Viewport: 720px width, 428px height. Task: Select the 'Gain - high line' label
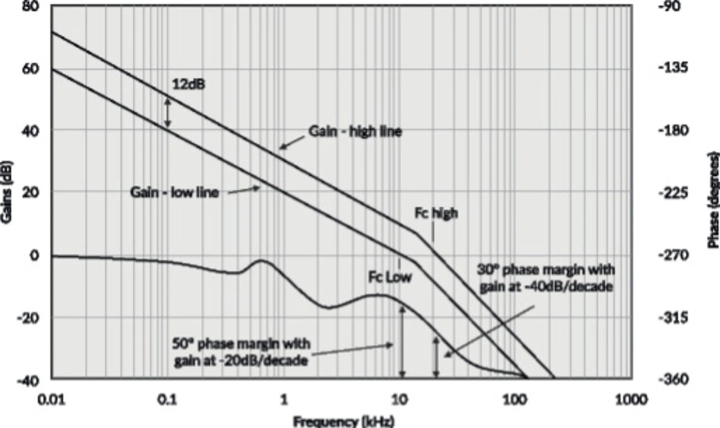(x=354, y=132)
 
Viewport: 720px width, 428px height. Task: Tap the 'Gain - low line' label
(x=174, y=192)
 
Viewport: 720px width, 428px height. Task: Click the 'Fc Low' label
(x=390, y=277)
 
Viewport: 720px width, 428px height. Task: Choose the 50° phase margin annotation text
(x=241, y=352)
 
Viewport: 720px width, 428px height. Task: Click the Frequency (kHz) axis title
(x=343, y=421)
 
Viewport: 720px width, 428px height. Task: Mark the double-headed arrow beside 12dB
(x=167, y=112)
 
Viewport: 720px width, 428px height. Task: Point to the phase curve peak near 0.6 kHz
(x=260, y=261)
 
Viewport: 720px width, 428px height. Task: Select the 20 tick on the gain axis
(x=34, y=192)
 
